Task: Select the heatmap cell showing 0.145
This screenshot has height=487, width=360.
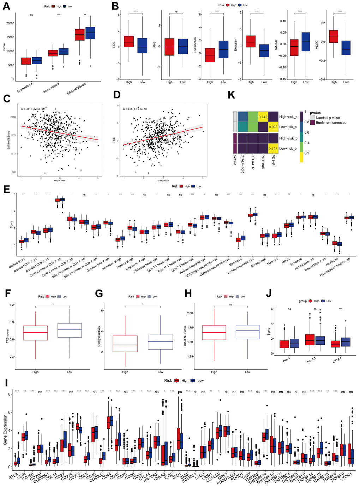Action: click(263, 117)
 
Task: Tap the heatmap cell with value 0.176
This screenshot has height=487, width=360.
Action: click(273, 149)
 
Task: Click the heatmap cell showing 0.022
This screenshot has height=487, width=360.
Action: click(273, 127)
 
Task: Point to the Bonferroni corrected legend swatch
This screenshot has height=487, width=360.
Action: click(312, 123)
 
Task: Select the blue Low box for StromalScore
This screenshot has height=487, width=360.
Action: click(37, 60)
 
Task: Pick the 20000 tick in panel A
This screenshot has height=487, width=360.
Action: click(11, 23)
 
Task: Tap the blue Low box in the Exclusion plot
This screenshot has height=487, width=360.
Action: click(264, 51)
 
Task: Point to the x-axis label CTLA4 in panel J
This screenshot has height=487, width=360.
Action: click(337, 361)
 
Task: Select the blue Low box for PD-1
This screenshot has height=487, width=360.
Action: click(294, 343)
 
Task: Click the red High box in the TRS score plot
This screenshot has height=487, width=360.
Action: click(35, 333)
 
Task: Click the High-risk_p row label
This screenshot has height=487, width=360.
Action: click(288, 117)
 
